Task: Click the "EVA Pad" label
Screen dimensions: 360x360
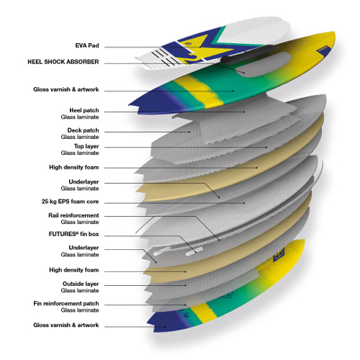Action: tap(87, 45)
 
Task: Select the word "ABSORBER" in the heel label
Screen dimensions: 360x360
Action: tap(83, 62)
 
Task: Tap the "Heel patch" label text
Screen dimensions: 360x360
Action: tap(84, 110)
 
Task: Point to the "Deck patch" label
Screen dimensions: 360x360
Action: tap(83, 130)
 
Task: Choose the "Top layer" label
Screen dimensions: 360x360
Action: tap(86, 146)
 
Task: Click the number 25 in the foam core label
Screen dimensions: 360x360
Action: tap(45, 202)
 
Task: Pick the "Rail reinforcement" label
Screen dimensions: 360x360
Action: tap(73, 215)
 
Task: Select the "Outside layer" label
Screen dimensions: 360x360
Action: tap(81, 284)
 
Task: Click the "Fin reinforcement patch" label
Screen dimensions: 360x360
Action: tap(66, 304)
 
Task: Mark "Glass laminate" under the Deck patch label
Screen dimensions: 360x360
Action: tap(80, 137)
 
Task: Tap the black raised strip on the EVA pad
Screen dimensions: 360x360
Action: tap(247, 55)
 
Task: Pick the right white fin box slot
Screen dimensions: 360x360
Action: tap(194, 252)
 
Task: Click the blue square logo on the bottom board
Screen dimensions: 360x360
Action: tap(279, 255)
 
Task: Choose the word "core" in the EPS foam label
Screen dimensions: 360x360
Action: tap(92, 202)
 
